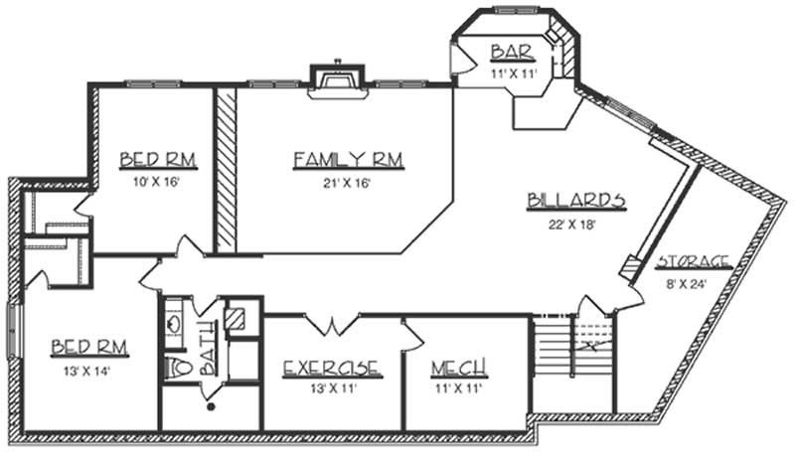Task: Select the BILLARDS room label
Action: click(575, 202)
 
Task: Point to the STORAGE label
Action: click(693, 263)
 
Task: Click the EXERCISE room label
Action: click(331, 369)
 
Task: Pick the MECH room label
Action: click(458, 370)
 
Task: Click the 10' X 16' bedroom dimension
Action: click(156, 183)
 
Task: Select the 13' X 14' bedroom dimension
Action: click(87, 371)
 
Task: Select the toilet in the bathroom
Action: click(180, 368)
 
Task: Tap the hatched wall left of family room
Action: click(226, 169)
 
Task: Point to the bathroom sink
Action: click(173, 321)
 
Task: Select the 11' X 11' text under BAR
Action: click(512, 73)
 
